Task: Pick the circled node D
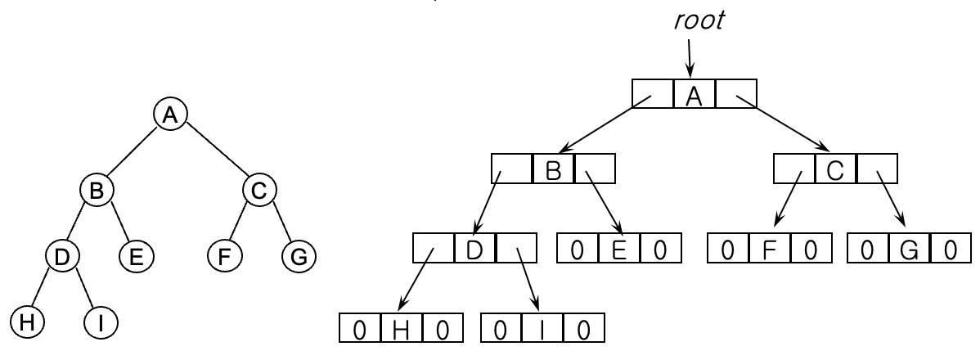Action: (x=62, y=256)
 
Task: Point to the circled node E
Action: (x=135, y=256)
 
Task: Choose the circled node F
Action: (x=223, y=256)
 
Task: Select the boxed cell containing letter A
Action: (x=695, y=96)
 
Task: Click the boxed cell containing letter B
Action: (x=553, y=171)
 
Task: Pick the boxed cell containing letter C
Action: (x=835, y=171)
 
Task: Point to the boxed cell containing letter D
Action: (x=474, y=247)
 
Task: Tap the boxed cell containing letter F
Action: (x=769, y=247)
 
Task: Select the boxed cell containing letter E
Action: (x=618, y=247)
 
